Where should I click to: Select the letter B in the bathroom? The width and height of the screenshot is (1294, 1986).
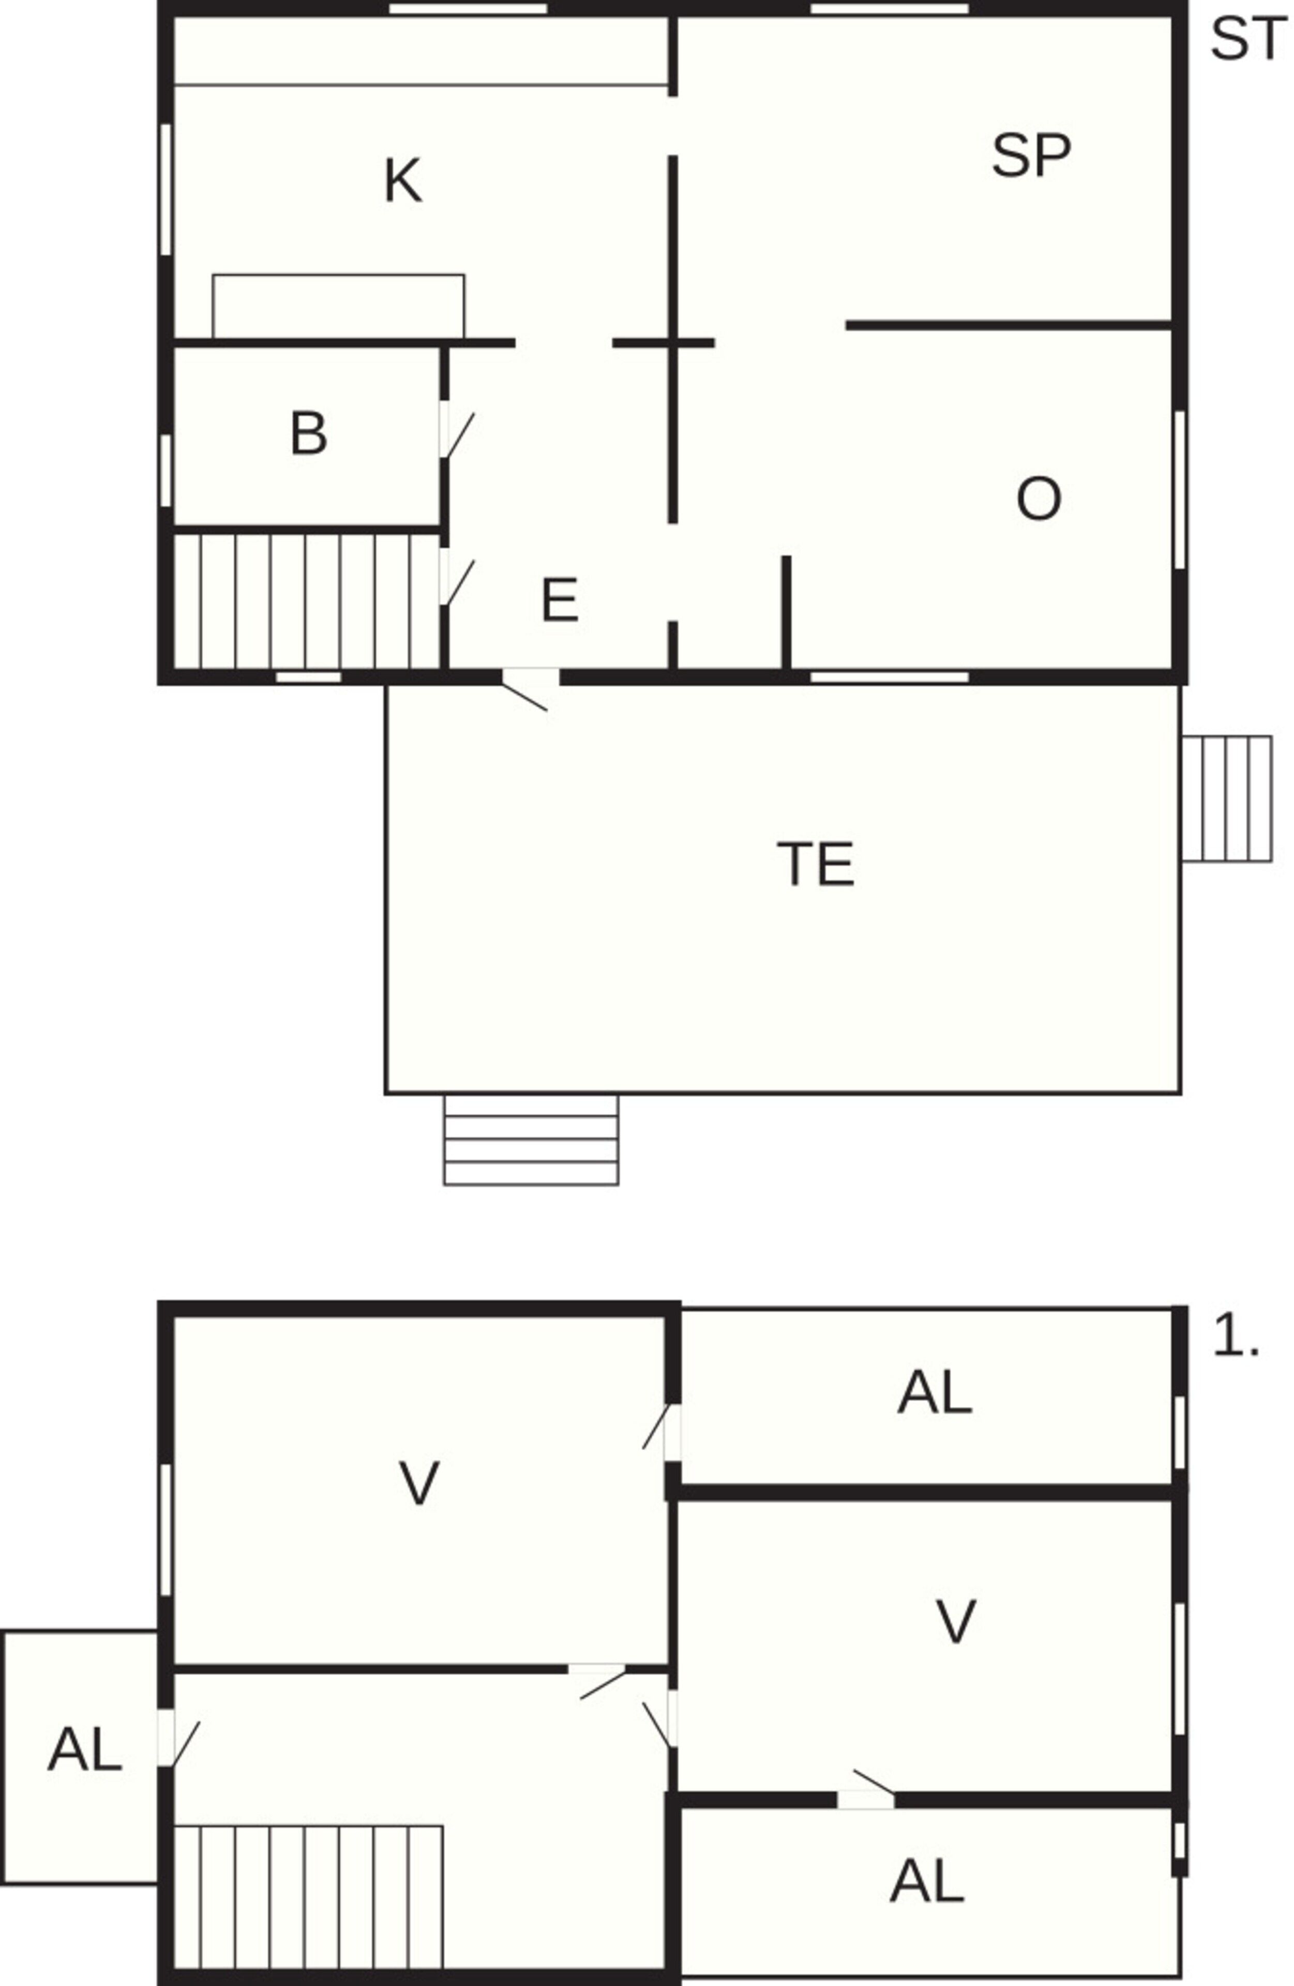tap(309, 434)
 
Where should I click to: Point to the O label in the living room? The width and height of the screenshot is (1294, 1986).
tap(1039, 499)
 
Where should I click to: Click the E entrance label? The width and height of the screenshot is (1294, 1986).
tap(559, 601)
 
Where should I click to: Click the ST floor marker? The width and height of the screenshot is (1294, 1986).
tap(1247, 39)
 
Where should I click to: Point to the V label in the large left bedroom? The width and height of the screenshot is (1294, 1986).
tap(419, 1484)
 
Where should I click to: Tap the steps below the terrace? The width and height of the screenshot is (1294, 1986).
tap(531, 1140)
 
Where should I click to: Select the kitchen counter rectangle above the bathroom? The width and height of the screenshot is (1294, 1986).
tap(339, 306)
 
